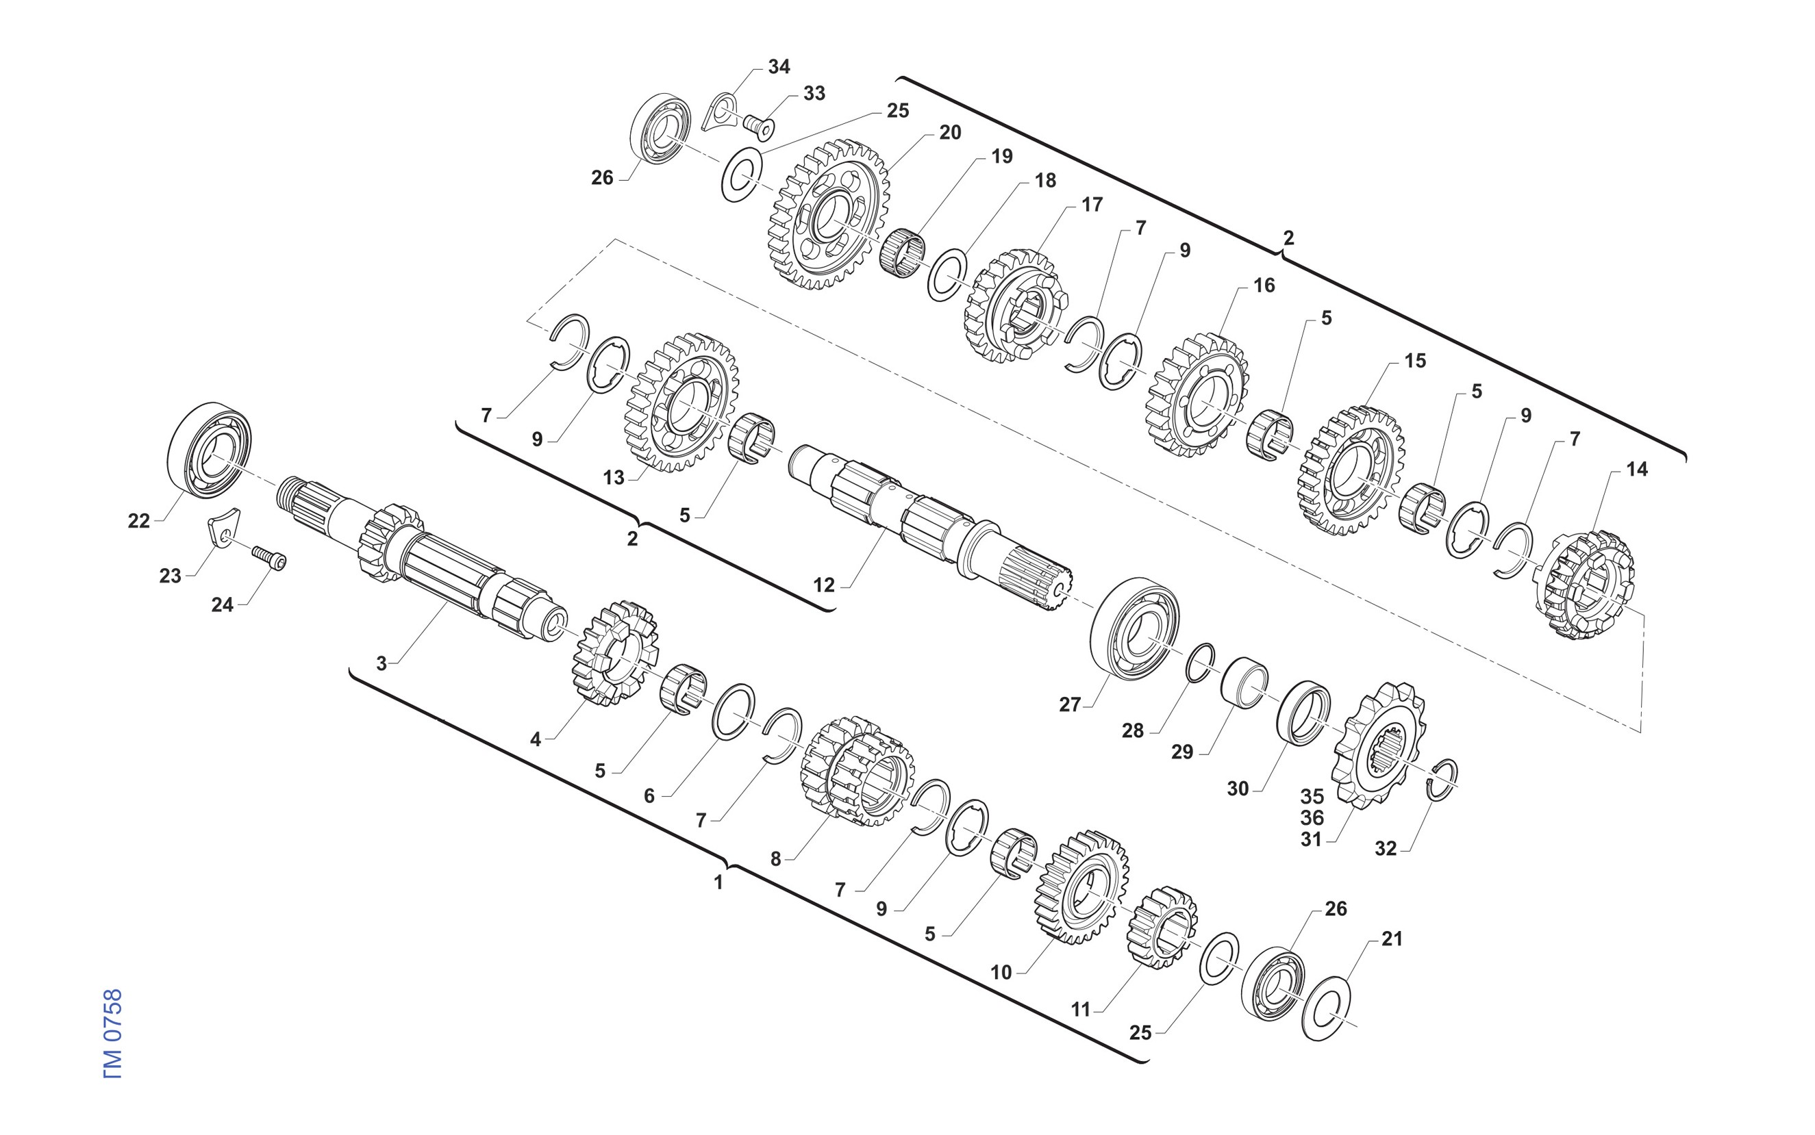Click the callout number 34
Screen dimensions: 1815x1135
(x=779, y=67)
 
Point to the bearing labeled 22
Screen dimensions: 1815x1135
(x=209, y=450)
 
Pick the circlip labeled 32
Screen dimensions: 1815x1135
(x=1442, y=780)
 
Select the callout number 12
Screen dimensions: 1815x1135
(x=824, y=585)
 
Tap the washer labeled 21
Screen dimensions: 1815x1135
(x=1326, y=1008)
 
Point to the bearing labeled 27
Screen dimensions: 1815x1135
(x=1135, y=629)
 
